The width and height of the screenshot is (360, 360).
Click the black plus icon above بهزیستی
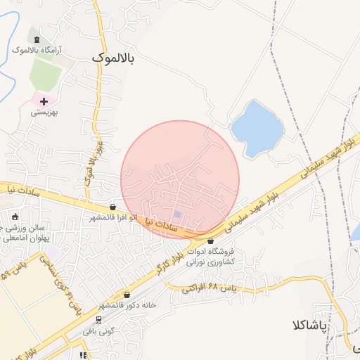pyautogui.click(x=44, y=101)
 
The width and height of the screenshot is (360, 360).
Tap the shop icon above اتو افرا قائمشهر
pyautogui.click(x=113, y=207)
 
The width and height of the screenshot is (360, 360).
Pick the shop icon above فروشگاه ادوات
pyautogui.click(x=210, y=240)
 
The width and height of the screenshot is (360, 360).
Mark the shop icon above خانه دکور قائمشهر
pyautogui.click(x=127, y=295)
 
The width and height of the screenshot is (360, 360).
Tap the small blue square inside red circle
pyautogui.click(x=177, y=214)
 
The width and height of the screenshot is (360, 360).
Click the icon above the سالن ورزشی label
pyautogui.click(x=15, y=216)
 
